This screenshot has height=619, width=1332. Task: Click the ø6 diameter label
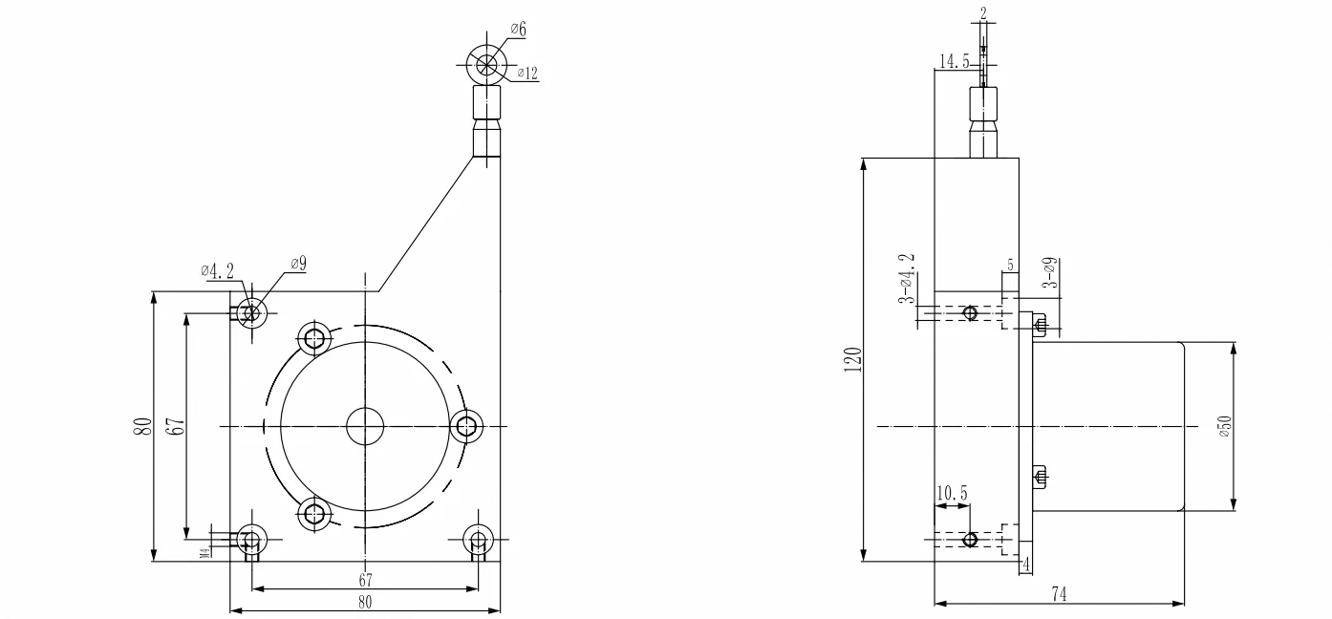518,30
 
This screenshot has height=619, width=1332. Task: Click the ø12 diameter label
527,74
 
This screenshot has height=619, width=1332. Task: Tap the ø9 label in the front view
298,264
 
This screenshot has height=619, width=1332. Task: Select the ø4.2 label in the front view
218,271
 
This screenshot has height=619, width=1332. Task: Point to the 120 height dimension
852,360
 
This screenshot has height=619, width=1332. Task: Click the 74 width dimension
1059,594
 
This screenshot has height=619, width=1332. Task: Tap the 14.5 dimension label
955,61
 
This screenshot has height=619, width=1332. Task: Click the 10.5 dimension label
952,494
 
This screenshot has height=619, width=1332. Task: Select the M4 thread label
205,552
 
